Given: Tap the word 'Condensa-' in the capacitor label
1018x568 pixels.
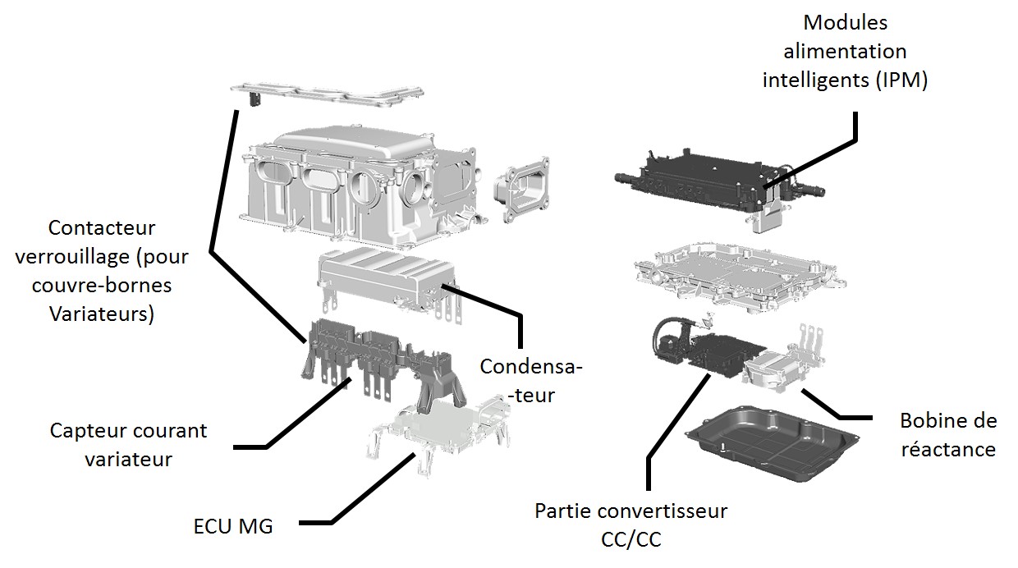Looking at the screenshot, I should (x=530, y=366).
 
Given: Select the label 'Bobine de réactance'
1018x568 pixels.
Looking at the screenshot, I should (x=948, y=435).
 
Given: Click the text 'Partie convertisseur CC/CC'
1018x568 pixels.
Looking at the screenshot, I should (x=631, y=524).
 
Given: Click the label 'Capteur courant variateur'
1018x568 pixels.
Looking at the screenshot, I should (x=129, y=444).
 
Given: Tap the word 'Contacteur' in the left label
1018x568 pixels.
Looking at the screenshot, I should (x=102, y=227).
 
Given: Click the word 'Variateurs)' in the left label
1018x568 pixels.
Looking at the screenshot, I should (x=102, y=314).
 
